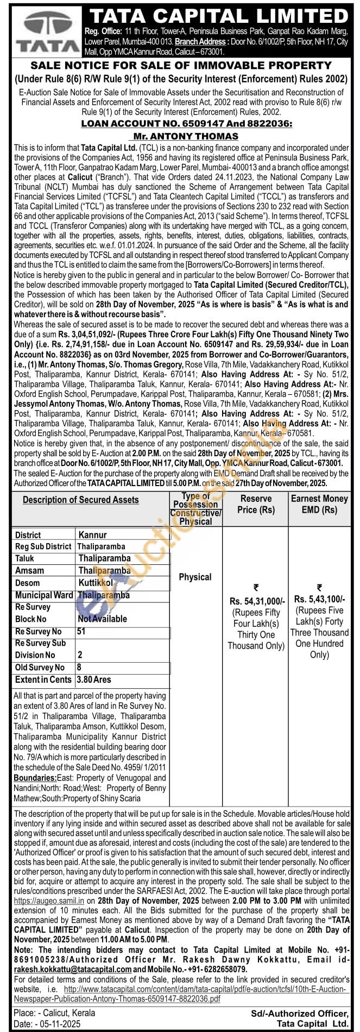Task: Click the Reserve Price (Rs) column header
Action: point(255,504)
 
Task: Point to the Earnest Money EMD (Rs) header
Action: point(319,504)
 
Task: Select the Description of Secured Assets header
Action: point(80,500)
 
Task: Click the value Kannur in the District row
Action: point(93,535)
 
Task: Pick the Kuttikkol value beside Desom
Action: point(96,582)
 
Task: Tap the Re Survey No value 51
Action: point(81,632)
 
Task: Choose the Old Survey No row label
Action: point(40,668)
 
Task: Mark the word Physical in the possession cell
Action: point(195,577)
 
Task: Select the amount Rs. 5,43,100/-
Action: point(319,599)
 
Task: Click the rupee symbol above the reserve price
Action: point(256,587)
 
